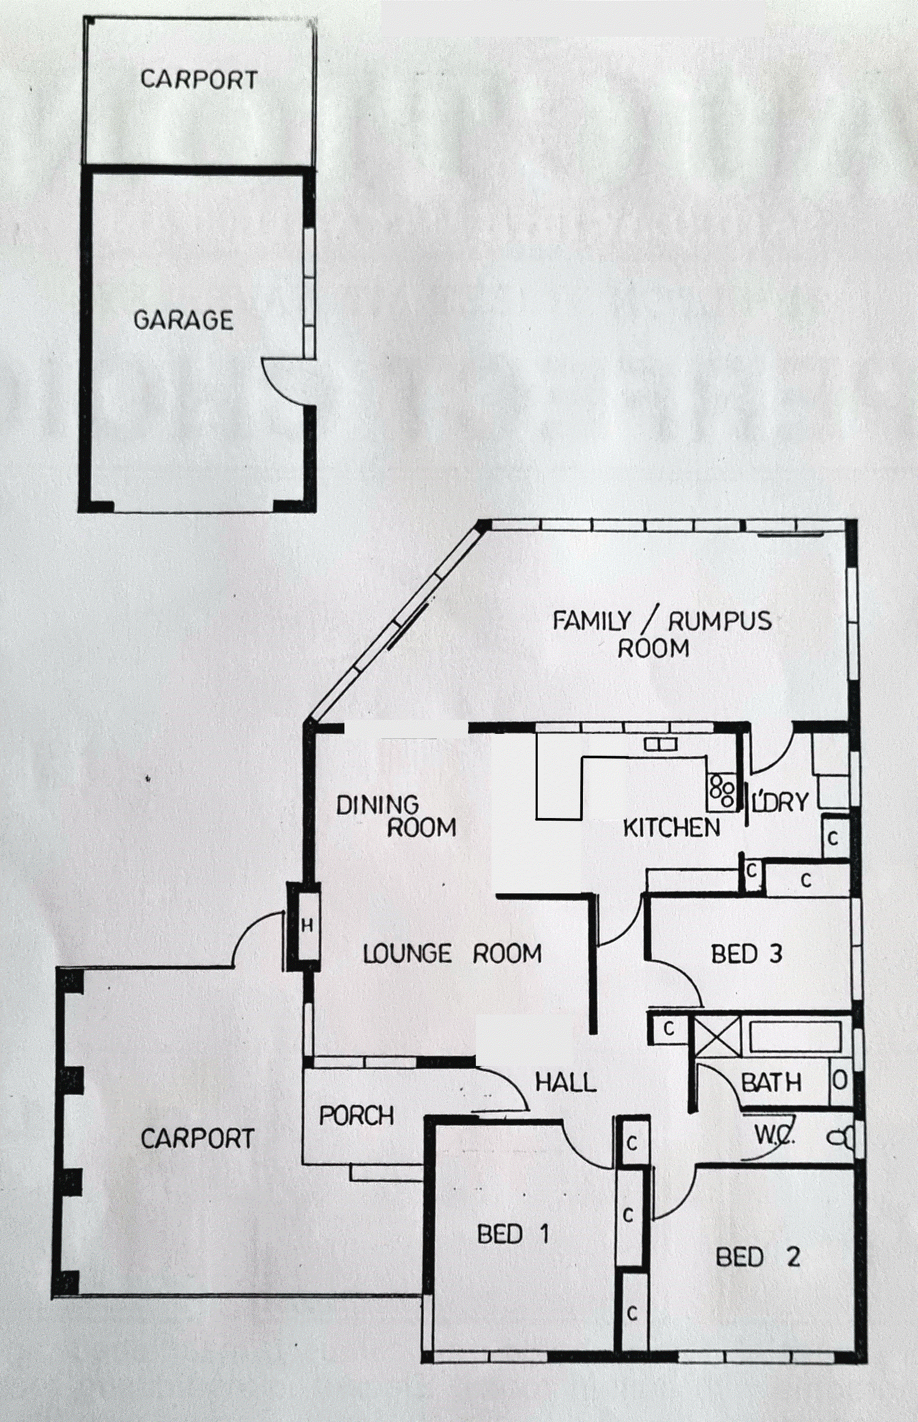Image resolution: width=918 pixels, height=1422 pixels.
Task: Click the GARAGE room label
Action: [x=183, y=321]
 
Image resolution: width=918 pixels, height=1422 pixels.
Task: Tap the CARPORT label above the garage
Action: [x=199, y=80]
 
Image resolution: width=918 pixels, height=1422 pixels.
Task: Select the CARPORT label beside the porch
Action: [x=197, y=1139]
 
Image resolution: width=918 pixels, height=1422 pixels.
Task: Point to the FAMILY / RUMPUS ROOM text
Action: [x=662, y=634]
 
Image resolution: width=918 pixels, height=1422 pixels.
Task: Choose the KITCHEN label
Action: [x=671, y=827]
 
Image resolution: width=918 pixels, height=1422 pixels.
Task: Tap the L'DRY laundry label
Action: [x=780, y=802]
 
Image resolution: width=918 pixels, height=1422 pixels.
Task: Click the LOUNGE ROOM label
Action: [x=453, y=954]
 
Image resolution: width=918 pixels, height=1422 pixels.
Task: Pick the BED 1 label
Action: [x=513, y=1234]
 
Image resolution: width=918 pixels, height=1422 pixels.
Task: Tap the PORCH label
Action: [x=356, y=1115]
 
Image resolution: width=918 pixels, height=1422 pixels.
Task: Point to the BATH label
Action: [x=771, y=1082]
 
